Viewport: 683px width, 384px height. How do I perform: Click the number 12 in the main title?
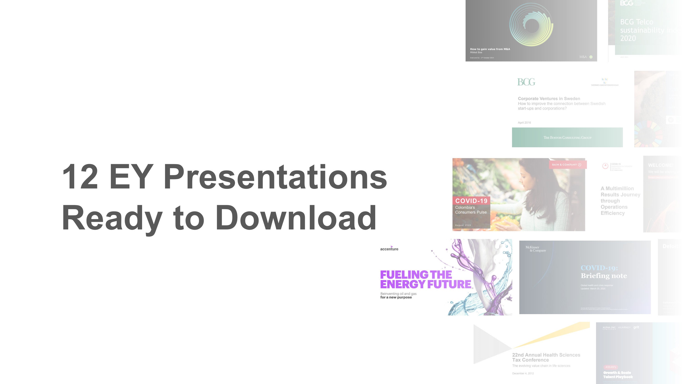point(80,177)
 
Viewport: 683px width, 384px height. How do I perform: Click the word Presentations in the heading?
point(275,177)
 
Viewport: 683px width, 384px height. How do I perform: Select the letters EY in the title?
point(131,177)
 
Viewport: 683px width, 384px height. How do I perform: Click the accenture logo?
point(389,249)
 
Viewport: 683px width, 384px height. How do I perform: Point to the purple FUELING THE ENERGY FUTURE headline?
point(425,279)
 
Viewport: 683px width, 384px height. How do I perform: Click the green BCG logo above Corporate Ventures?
point(526,82)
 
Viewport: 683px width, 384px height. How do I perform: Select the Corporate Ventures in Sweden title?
point(549,99)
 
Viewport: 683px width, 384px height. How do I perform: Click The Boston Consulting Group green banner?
point(567,137)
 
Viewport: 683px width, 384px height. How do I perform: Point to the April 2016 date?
point(524,123)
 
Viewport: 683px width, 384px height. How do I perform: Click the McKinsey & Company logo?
point(535,249)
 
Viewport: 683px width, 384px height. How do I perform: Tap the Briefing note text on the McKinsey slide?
point(604,276)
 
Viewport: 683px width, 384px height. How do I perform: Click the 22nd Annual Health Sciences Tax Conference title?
point(546,357)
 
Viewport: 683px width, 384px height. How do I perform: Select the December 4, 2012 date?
point(523,373)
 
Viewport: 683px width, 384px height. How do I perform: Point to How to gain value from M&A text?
point(490,49)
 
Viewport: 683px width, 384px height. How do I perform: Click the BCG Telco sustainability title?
point(644,30)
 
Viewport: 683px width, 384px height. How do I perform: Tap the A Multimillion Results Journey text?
point(620,201)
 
